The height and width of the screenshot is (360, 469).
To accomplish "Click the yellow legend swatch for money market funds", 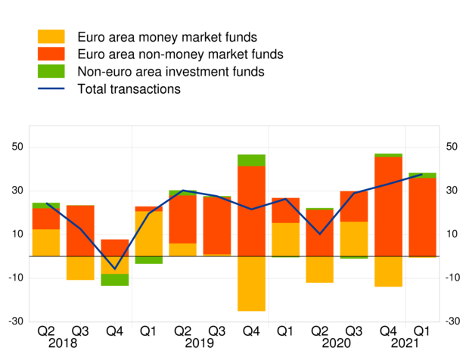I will point(51,36).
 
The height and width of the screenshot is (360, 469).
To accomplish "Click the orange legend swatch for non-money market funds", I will point(51,54).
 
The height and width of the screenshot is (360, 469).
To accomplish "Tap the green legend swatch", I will point(51,72).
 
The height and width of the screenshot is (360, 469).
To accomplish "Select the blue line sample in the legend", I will point(51,89).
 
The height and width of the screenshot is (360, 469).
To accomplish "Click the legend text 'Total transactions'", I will point(129,89).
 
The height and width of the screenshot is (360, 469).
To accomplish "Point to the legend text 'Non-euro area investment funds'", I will point(171,72).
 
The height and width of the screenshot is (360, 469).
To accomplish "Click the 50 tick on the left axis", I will point(15,147).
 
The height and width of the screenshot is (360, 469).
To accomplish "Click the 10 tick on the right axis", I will point(452,234).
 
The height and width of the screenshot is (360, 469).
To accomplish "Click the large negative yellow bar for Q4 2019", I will point(251,284).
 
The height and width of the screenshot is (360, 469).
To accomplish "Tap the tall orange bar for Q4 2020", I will point(388,206).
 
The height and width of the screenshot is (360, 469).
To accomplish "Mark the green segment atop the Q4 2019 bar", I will point(251,160).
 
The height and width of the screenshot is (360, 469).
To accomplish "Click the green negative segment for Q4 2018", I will point(115,280).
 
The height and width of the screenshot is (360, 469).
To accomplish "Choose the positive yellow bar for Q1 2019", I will point(149,233).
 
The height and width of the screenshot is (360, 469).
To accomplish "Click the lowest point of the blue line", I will point(115,268).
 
